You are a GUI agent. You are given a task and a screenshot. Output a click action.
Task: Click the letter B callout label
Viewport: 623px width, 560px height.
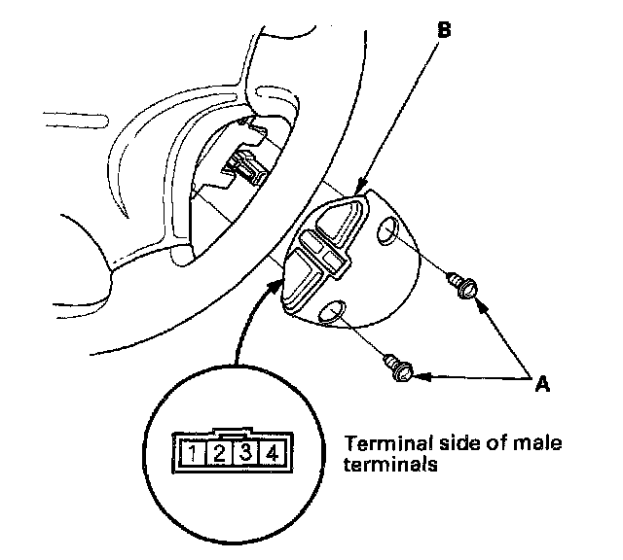442,29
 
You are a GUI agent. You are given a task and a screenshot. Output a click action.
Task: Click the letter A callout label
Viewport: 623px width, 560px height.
542,383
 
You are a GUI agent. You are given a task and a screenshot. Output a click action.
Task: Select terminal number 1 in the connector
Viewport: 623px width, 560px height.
196,452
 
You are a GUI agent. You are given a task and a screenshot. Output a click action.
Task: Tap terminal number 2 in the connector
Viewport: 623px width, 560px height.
221,452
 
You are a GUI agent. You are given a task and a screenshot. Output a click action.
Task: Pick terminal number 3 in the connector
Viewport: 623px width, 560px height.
247,452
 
